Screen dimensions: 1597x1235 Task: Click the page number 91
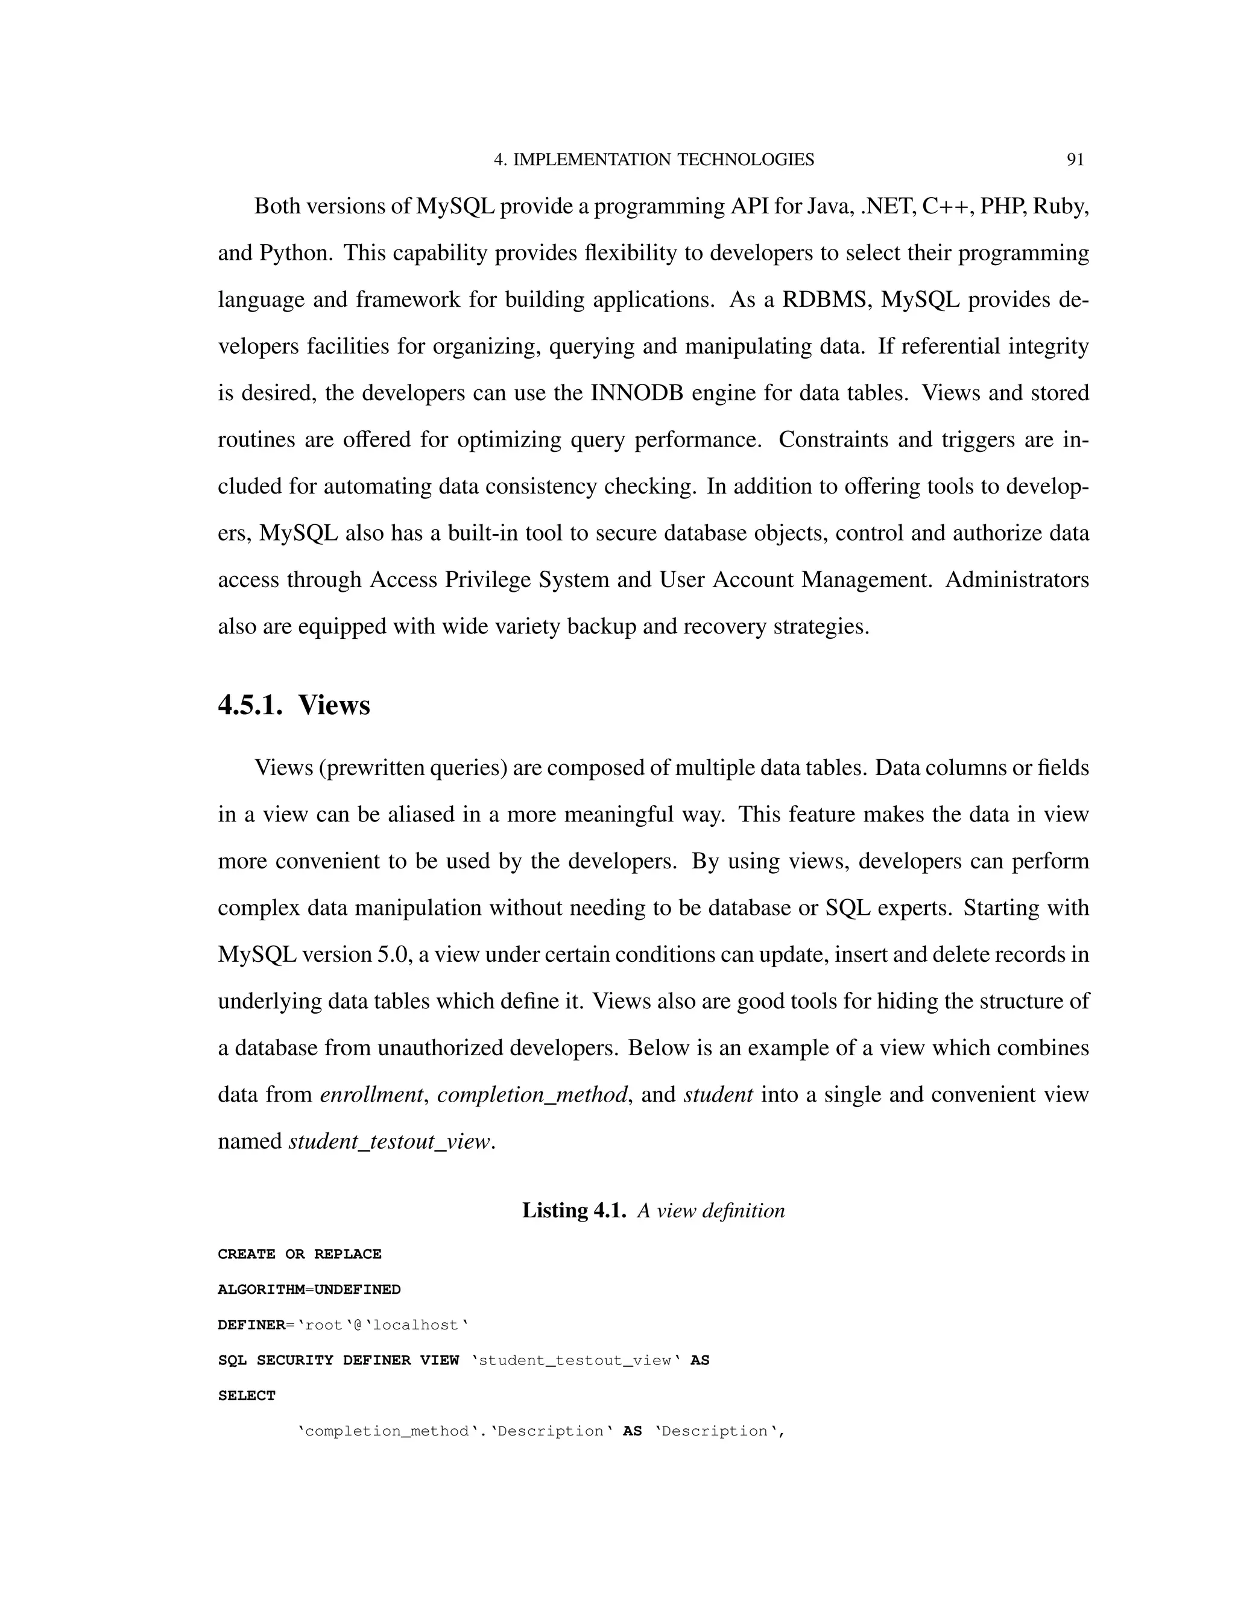[1075, 160]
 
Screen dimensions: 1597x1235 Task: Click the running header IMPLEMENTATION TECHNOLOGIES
[663, 160]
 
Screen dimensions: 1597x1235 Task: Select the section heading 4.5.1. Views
[294, 705]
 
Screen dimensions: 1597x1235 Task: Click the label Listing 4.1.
[573, 1210]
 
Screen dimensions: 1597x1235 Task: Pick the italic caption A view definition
[710, 1210]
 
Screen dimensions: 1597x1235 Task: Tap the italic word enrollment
[371, 1094]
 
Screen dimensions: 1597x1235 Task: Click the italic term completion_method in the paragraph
[532, 1094]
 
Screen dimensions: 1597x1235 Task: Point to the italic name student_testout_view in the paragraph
[389, 1141]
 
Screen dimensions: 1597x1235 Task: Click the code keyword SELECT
[247, 1395]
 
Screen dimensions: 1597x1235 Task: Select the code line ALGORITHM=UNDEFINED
[309, 1289]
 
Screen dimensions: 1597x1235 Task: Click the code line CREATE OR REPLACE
[299, 1254]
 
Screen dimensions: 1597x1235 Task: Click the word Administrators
[1017, 580]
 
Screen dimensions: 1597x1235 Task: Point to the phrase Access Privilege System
[490, 580]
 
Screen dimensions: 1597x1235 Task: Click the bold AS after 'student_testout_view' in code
[700, 1360]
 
